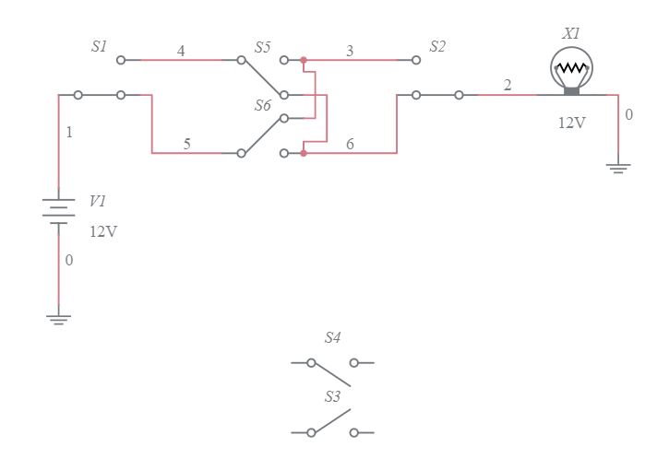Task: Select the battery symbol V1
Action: pos(59,211)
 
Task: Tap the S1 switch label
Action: pos(99,46)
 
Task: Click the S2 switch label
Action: pos(437,46)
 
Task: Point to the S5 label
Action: pos(263,46)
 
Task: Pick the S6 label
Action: pos(263,106)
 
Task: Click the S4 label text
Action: pos(332,338)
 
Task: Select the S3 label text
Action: pos(332,397)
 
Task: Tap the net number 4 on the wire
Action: pos(181,52)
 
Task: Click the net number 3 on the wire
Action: pos(350,52)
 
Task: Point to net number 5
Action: pos(187,144)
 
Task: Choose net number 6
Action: pos(350,144)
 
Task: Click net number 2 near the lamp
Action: pos(508,86)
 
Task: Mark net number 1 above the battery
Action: pos(69,133)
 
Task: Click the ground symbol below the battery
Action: pos(59,319)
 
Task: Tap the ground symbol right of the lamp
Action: pos(618,168)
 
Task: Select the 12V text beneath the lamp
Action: pos(571,123)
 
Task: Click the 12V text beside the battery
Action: pos(103,231)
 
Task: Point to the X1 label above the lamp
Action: pos(571,33)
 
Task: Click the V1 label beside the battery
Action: pos(98,201)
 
